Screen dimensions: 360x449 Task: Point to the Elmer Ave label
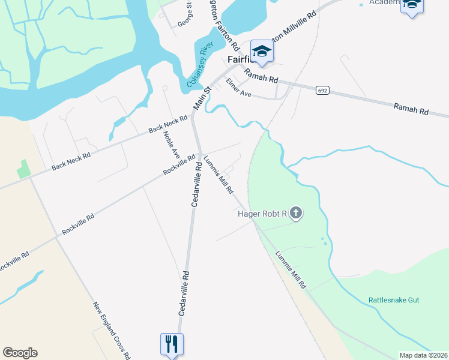click(x=238, y=88)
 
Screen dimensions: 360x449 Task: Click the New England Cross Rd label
click(x=112, y=330)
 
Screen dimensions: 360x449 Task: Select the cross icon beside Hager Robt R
click(x=295, y=212)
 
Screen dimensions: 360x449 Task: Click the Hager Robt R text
click(x=262, y=213)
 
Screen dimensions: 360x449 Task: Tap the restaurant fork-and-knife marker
click(x=172, y=344)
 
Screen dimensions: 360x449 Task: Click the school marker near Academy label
click(x=412, y=5)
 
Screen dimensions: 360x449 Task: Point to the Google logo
click(x=20, y=353)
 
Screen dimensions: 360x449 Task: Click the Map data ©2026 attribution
click(x=423, y=355)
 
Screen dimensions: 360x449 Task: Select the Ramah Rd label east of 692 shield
click(x=411, y=109)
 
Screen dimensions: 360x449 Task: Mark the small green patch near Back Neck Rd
click(x=23, y=169)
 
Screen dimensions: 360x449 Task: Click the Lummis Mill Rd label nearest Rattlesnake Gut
click(x=291, y=269)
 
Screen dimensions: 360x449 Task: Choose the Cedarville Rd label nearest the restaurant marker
click(x=183, y=293)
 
